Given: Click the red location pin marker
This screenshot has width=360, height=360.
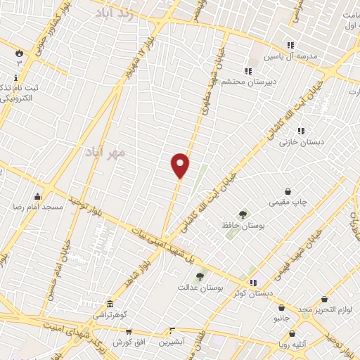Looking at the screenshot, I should tap(181, 165).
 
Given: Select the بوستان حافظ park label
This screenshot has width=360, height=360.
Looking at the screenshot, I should tap(242, 226).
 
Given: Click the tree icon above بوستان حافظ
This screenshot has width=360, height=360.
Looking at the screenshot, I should tap(243, 214).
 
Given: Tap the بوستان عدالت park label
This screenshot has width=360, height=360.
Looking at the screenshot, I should tap(200, 288).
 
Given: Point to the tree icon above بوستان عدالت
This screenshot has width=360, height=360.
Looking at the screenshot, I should tap(200, 277).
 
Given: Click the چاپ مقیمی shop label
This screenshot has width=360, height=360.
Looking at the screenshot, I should tap(288, 202).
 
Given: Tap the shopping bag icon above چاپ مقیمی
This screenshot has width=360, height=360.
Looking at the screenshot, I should tap(288, 191).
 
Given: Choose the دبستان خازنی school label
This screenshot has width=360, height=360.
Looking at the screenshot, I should tap(302, 142).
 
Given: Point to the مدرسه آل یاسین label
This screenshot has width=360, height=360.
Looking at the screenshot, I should tap(290, 55).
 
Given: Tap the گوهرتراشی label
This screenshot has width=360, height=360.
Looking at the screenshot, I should tap(111, 316).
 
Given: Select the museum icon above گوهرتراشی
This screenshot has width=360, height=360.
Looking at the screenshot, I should tap(110, 304).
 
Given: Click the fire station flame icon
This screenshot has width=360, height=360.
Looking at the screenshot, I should tap(19, 53).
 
